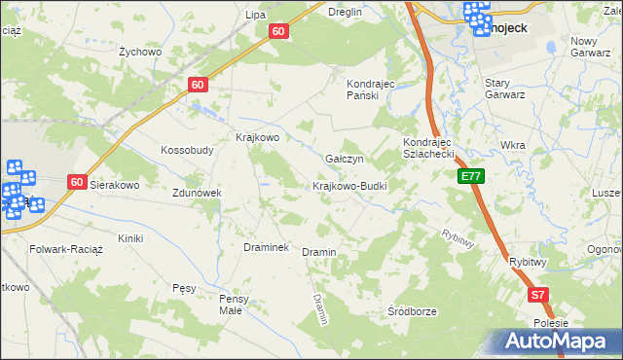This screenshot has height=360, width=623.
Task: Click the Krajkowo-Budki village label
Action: pyautogui.click(x=350, y=186)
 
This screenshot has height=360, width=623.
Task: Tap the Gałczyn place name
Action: pyautogui.click(x=344, y=159)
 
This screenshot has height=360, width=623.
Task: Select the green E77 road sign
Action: pyautogui.click(x=471, y=176)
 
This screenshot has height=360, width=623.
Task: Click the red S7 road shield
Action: pyautogui.click(x=538, y=294)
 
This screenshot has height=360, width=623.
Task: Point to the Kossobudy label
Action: pyautogui.click(x=187, y=150)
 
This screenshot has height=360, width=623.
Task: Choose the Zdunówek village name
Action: pyautogui.click(x=198, y=193)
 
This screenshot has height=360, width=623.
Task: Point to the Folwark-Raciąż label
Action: pyautogui.click(x=45, y=249)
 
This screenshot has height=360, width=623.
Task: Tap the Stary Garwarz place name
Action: pyautogui.click(x=505, y=89)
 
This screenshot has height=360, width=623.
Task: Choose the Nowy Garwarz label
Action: pyautogui.click(x=597, y=47)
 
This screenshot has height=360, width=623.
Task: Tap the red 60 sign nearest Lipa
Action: pyautogui.click(x=278, y=32)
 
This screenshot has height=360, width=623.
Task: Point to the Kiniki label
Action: pyautogui.click(x=130, y=238)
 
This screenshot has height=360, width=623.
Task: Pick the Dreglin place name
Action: pyautogui.click(x=345, y=12)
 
